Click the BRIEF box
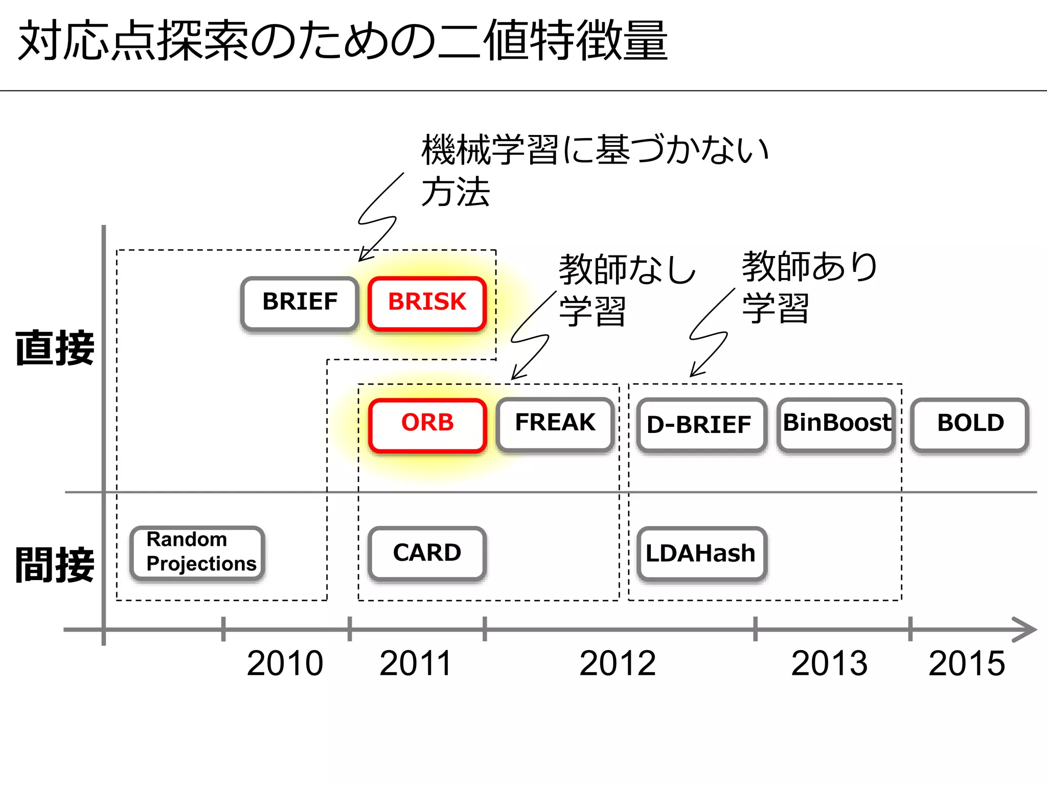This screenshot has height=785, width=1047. click(300, 303)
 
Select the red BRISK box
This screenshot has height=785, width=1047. click(427, 303)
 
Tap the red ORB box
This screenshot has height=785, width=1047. click(427, 424)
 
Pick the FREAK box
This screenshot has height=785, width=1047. click(555, 424)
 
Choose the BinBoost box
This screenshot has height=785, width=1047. click(836, 424)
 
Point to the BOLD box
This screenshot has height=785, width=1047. click(970, 424)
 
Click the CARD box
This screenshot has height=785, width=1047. click(427, 553)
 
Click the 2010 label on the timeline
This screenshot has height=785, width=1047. click(285, 664)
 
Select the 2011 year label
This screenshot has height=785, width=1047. click(415, 664)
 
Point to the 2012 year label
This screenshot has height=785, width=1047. click(618, 664)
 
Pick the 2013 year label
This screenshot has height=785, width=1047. click(829, 664)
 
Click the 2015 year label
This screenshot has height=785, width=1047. click(967, 664)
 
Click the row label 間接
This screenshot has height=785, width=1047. click(55, 565)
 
